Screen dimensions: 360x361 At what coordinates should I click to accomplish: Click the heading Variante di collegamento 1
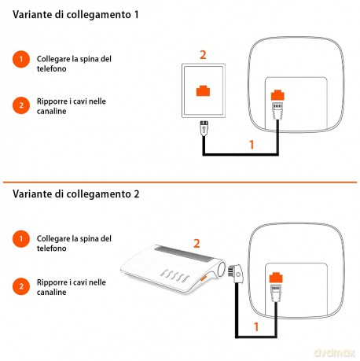75,15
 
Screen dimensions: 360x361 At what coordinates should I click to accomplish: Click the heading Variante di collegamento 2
76,194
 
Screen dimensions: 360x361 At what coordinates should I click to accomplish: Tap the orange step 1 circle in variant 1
21,59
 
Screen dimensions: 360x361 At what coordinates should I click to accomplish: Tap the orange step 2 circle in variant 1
21,105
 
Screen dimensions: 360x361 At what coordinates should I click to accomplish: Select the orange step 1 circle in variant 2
21,239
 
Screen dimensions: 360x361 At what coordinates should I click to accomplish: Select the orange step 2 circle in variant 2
21,286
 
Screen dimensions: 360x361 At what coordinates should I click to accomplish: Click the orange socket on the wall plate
203,90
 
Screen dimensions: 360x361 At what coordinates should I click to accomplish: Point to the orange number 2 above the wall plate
203,55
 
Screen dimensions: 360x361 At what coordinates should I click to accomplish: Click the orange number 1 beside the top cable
252,145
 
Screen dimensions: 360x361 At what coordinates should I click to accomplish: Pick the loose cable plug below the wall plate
204,127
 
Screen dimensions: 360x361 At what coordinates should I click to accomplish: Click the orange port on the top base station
277,95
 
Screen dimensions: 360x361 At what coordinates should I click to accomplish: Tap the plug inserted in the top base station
277,110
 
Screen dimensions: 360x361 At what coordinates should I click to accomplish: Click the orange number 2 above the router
197,244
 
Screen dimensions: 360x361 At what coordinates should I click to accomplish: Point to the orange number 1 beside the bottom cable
256,326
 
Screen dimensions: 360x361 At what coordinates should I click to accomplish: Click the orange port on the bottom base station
276,278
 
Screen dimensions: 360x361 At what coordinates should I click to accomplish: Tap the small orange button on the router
204,278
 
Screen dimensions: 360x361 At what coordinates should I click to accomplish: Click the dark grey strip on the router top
184,254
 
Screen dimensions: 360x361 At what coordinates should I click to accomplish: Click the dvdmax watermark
335,352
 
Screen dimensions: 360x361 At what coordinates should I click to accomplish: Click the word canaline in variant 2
51,293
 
